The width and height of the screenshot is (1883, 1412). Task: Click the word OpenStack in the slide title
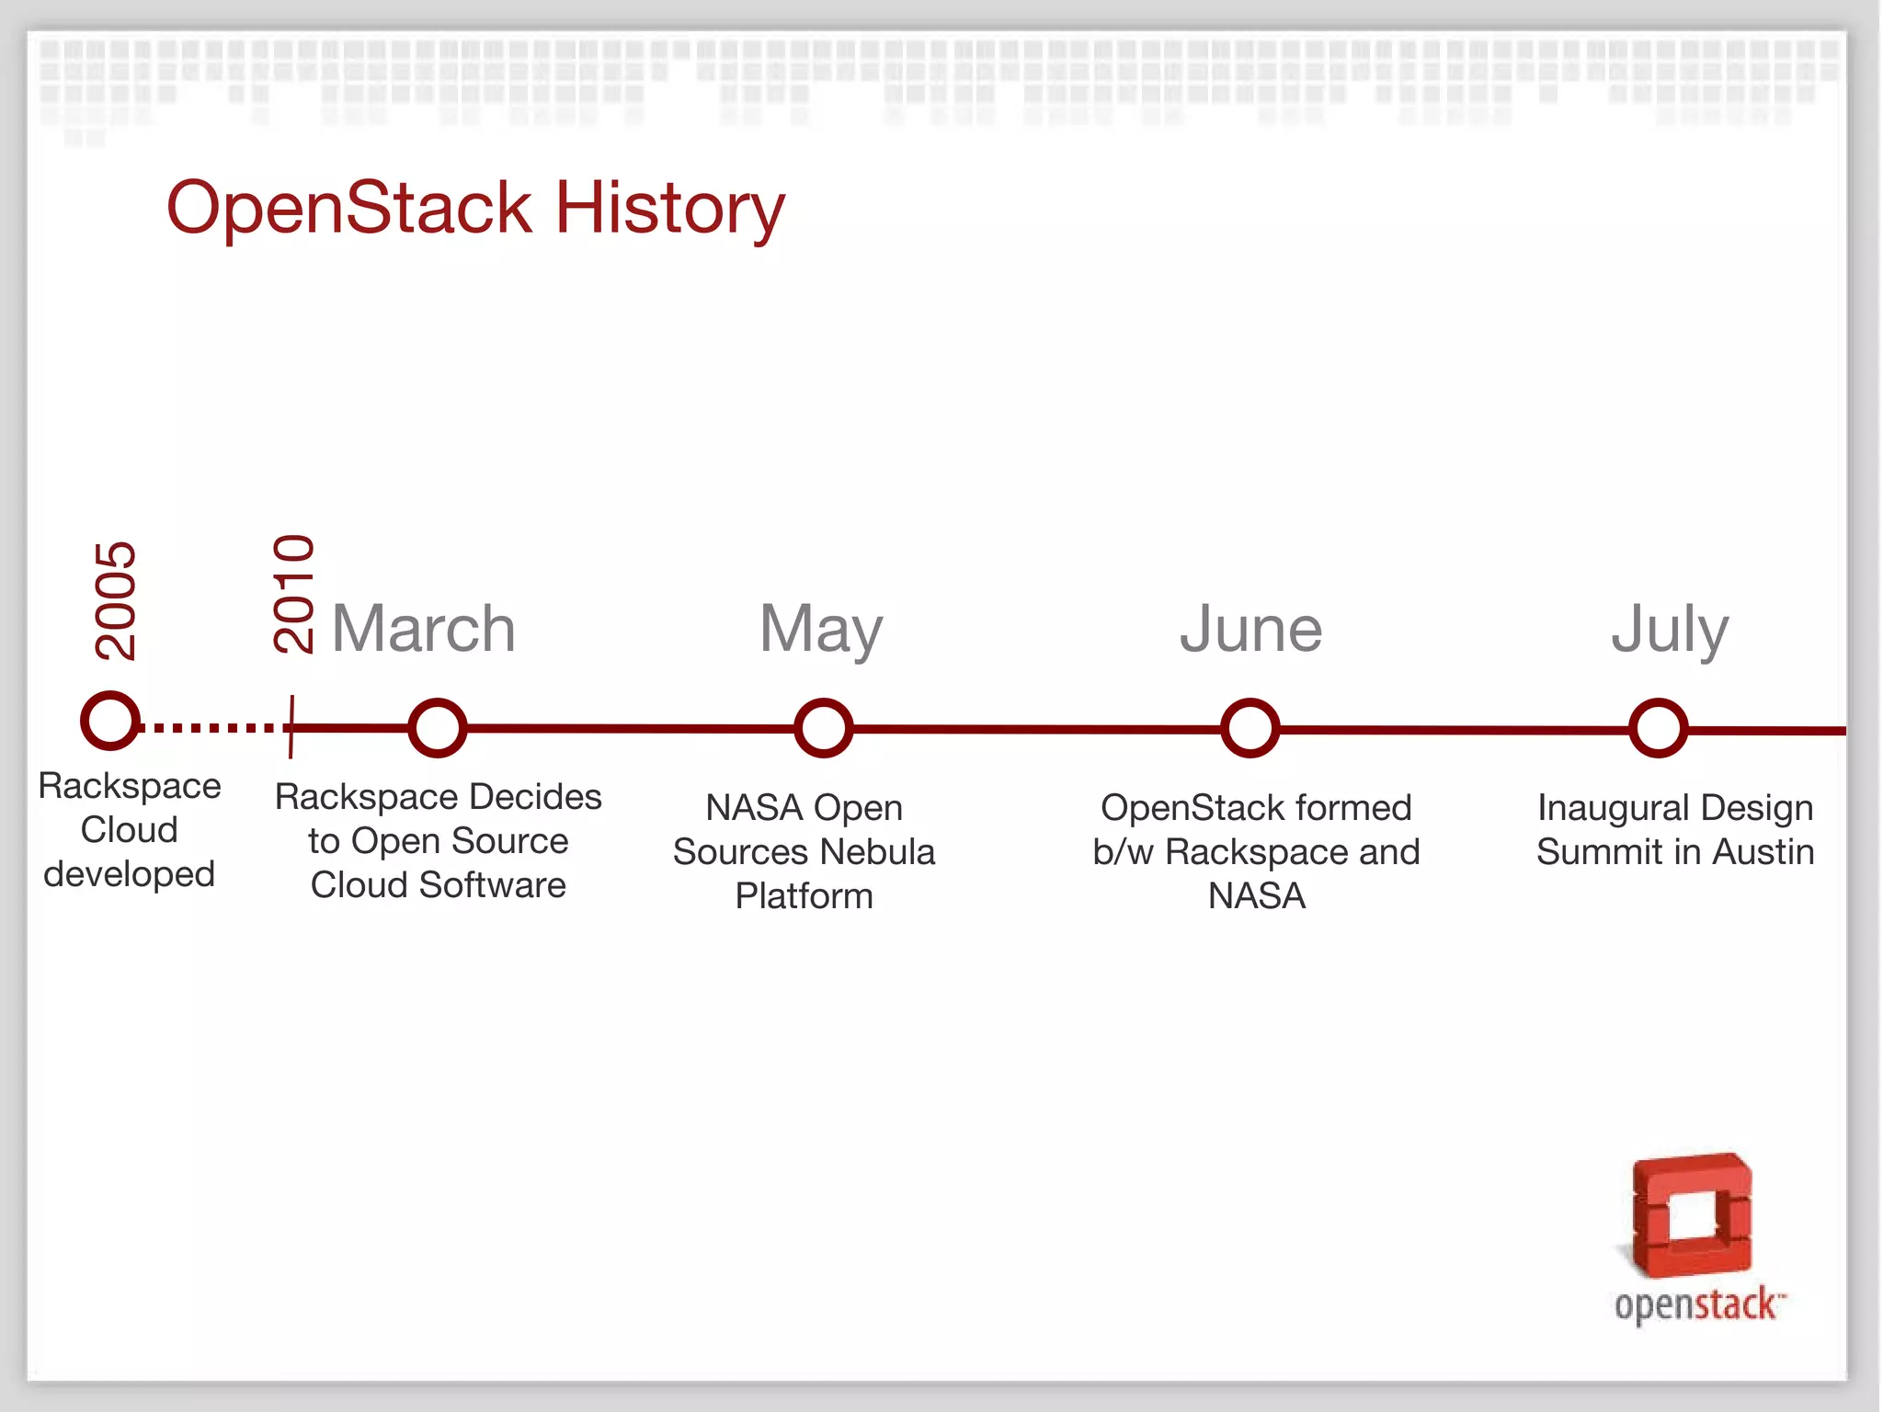[x=349, y=208]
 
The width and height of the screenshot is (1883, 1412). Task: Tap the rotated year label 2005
[x=116, y=600]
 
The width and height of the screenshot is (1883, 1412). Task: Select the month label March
[x=424, y=629]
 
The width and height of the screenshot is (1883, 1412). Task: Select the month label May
[x=821, y=631]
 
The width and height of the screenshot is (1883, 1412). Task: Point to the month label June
[x=1251, y=629]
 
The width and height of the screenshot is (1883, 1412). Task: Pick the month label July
[x=1670, y=631]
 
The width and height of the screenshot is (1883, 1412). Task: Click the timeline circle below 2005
[x=110, y=720]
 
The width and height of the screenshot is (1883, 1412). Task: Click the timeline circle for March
[x=437, y=728]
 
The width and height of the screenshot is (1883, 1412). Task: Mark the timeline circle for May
[x=823, y=728]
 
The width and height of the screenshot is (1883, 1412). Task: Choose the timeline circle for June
[x=1250, y=728]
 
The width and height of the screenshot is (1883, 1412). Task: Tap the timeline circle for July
[x=1658, y=728]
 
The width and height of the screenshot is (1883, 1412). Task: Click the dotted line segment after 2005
[x=211, y=728]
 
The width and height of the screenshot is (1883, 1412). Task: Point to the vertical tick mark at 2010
[x=291, y=726]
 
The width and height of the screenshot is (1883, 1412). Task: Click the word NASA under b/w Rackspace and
[x=1257, y=896]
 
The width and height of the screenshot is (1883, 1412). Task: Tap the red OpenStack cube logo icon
[x=1692, y=1215]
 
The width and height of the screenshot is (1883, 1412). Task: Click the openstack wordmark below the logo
[x=1697, y=1305]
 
